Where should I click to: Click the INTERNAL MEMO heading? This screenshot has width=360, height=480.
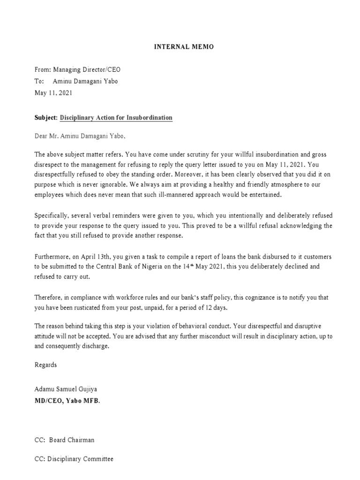tap(180, 47)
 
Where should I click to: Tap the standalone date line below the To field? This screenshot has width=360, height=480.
tap(53, 93)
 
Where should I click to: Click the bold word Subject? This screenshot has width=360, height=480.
tap(45, 118)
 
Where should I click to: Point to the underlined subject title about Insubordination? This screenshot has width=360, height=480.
tap(116, 118)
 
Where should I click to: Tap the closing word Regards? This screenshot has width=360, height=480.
tap(46, 364)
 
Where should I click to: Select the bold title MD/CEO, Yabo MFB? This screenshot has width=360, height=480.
tap(67, 401)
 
